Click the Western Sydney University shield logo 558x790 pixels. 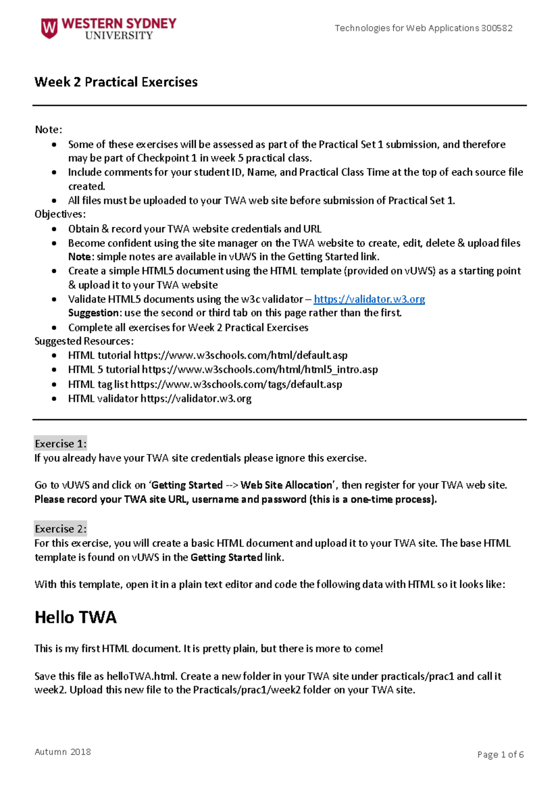tap(49, 28)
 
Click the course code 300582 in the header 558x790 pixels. tap(497, 28)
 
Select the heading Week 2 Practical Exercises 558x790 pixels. tap(116, 82)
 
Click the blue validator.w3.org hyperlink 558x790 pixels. tap(369, 299)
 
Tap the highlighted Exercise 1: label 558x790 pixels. tap(60, 443)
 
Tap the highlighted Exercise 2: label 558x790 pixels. tap(60, 529)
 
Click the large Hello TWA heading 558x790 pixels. tap(75, 617)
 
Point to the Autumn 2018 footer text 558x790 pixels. tap(63, 751)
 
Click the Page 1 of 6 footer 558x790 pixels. tap(500, 754)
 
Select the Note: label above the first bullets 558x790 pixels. tap(48, 129)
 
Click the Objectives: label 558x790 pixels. tap(60, 214)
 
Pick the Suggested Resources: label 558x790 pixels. tap(84, 341)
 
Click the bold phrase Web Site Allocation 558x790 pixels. tap(286, 485)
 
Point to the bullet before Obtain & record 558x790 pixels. tap(54, 229)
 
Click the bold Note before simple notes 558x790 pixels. tap(80, 257)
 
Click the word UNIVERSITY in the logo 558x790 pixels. tap(119, 36)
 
